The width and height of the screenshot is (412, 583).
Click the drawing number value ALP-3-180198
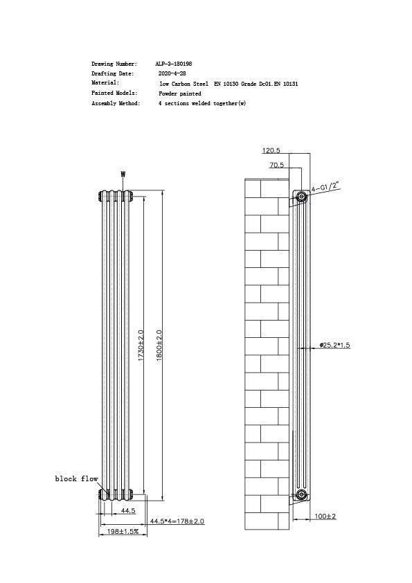(x=174, y=64)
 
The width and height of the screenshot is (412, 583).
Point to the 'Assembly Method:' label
(x=116, y=103)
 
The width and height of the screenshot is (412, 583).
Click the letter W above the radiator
(x=123, y=174)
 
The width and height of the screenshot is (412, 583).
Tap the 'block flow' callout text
(x=77, y=478)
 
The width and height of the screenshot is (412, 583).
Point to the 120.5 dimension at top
(x=271, y=150)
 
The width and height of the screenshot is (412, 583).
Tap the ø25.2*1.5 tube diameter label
(x=335, y=345)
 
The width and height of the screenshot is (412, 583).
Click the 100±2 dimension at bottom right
(x=325, y=517)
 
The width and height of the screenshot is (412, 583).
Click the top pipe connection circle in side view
(x=302, y=197)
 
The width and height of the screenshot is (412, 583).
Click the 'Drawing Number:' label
(x=114, y=64)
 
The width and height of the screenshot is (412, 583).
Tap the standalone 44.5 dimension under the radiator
(x=127, y=510)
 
